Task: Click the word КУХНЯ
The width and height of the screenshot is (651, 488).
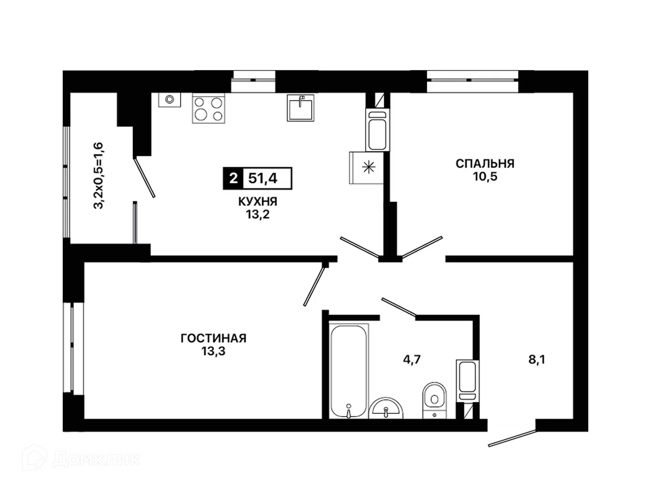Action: [258, 202]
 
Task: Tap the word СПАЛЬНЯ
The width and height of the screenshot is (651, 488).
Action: [485, 164]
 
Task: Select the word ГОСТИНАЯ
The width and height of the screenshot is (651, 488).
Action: [213, 338]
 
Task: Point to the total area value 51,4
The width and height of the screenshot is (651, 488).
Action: [263, 178]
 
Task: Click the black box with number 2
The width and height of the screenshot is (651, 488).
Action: [233, 178]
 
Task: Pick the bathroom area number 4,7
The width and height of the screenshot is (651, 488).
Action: [412, 360]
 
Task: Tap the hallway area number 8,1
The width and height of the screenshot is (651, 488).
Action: [537, 360]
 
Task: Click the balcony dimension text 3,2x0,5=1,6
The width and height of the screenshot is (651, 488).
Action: [98, 176]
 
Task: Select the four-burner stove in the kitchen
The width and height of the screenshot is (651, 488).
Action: [208, 108]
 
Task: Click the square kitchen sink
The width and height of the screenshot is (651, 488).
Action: [301, 108]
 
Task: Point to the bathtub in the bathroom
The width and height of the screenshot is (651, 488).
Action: [349, 371]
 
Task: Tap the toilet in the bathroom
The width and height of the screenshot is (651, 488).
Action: [434, 400]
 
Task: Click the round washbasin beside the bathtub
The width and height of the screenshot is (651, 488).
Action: [386, 408]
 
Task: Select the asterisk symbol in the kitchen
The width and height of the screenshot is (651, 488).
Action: [368, 167]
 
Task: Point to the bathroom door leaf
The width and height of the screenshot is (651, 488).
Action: [399, 306]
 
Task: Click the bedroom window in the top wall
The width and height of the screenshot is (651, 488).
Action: [473, 80]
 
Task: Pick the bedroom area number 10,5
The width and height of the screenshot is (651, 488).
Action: [485, 177]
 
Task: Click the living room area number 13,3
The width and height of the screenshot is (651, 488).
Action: [213, 351]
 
